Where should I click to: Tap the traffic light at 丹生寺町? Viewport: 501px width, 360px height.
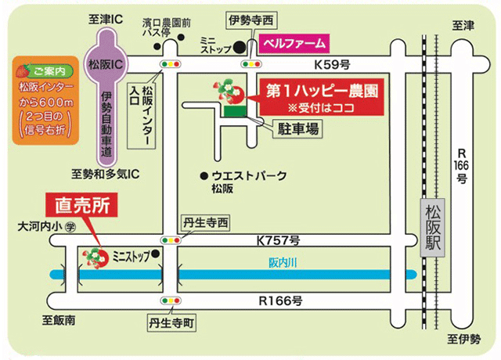(168, 301)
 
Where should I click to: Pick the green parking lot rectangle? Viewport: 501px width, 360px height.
(233, 112)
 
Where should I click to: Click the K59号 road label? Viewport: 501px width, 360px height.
(332, 64)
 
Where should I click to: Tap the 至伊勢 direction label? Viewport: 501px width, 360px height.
(463, 339)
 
